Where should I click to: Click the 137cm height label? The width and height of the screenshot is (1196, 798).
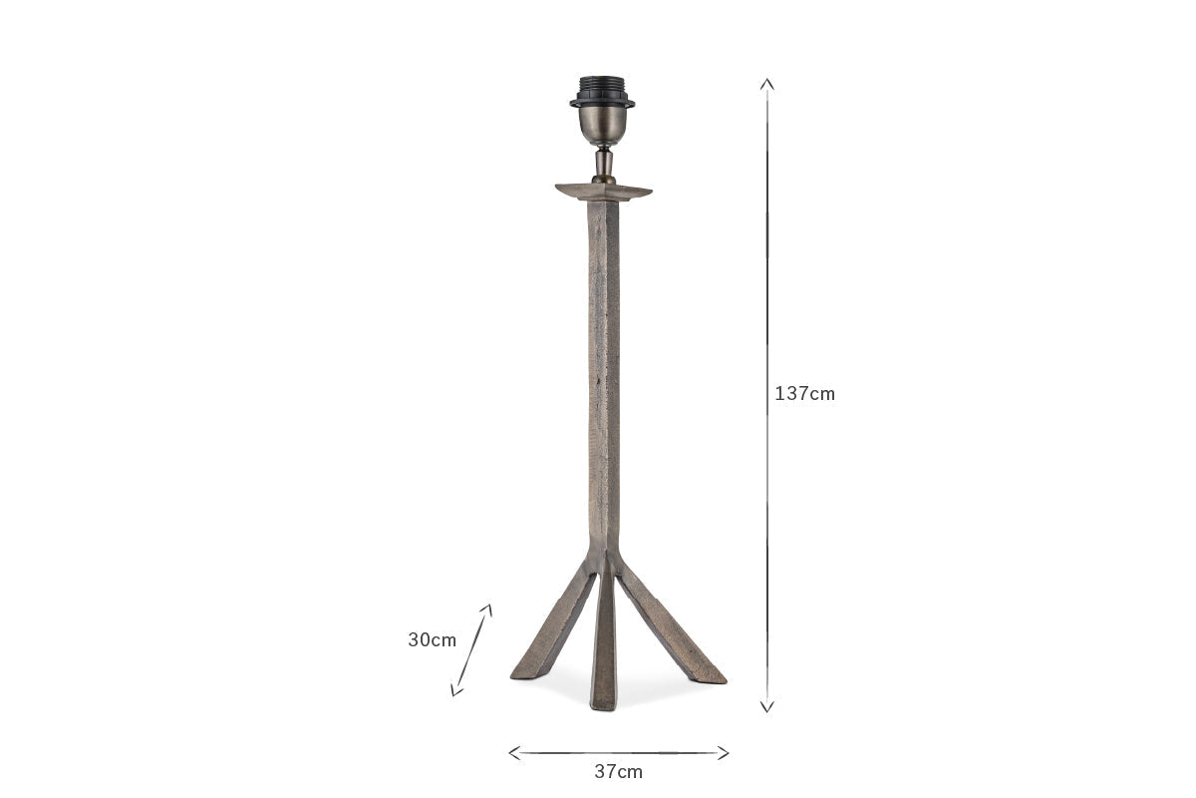(804, 394)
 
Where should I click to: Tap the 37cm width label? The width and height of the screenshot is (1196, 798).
(618, 772)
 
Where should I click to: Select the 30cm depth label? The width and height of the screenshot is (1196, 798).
(432, 639)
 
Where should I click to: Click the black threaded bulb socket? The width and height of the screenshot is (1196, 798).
(602, 92)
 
